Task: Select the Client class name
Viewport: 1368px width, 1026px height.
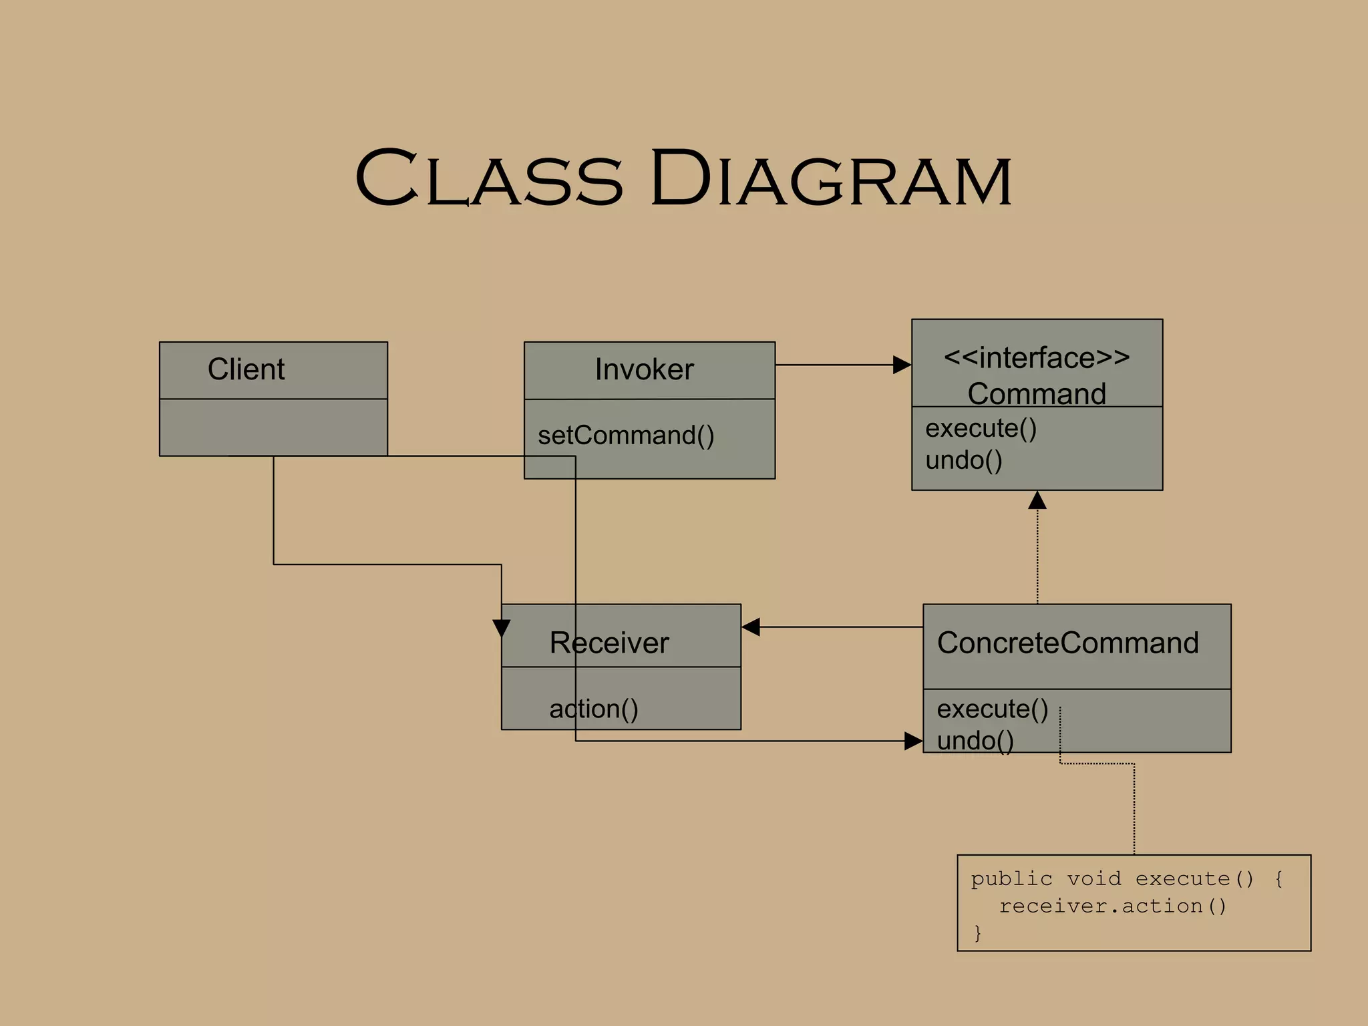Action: [246, 369]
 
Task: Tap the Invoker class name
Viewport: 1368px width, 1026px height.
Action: [644, 370]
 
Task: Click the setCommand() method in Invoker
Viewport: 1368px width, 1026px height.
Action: [626, 436]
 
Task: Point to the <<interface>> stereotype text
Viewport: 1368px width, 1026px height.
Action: [1037, 358]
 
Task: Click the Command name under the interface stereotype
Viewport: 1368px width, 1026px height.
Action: [1037, 393]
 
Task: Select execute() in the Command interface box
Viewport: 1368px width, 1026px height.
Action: [981, 428]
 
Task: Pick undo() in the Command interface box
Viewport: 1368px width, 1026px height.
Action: [964, 460]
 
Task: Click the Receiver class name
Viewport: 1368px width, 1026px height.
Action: [609, 643]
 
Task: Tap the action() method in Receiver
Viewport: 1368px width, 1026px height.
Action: [594, 709]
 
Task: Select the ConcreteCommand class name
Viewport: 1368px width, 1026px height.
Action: [1067, 643]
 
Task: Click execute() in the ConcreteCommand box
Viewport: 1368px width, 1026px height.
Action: [993, 709]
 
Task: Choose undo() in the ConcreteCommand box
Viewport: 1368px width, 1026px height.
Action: [975, 741]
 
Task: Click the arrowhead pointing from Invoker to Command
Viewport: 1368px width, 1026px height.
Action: [902, 365]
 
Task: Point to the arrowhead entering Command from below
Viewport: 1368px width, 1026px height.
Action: [1037, 500]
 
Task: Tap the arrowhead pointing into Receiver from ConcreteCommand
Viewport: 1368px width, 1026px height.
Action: [751, 627]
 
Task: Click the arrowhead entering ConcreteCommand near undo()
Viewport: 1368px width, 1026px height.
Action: [913, 741]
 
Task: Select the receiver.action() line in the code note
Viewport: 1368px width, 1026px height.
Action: [1113, 906]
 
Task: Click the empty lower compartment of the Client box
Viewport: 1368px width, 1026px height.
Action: [273, 427]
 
